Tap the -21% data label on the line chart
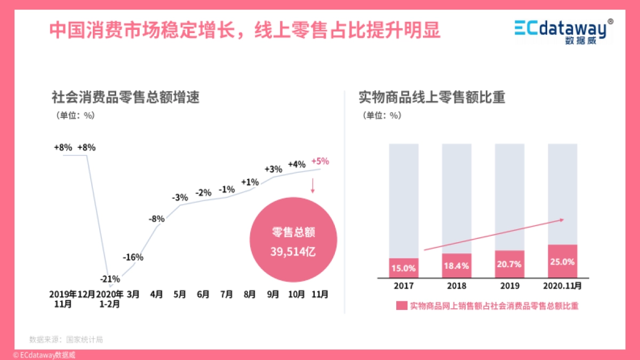110,278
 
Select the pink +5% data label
320,161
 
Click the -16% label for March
133,257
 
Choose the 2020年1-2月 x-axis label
110,299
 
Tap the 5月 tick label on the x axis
180,294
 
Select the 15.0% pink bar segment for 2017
404,268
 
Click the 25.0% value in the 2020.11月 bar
563,262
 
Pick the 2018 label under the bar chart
457,286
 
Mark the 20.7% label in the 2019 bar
509,264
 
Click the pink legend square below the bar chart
402,306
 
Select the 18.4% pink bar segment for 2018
457,265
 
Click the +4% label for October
297,164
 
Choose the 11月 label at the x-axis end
320,294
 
